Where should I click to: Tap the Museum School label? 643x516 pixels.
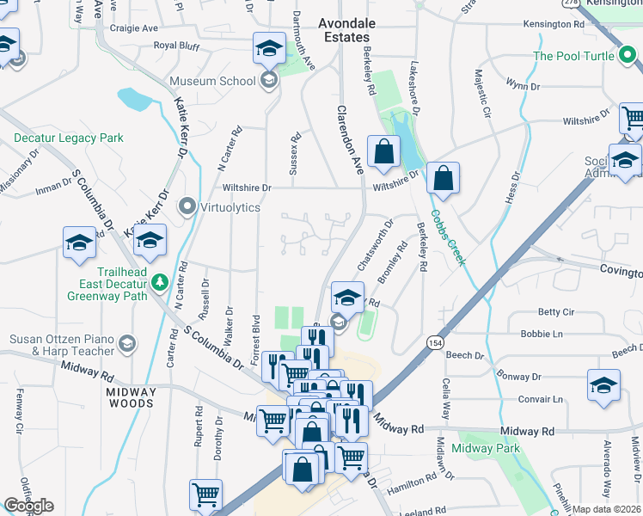tap(212, 81)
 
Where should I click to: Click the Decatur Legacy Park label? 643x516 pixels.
tap(69, 138)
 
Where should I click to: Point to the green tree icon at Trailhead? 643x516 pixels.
tap(159, 282)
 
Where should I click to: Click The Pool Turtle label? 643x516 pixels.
tap(573, 56)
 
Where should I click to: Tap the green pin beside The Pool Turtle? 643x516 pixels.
tap(628, 57)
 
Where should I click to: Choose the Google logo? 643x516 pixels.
tap(28, 506)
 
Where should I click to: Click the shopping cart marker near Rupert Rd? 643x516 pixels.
tap(205, 494)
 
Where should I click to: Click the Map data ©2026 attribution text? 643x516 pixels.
tap(607, 509)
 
